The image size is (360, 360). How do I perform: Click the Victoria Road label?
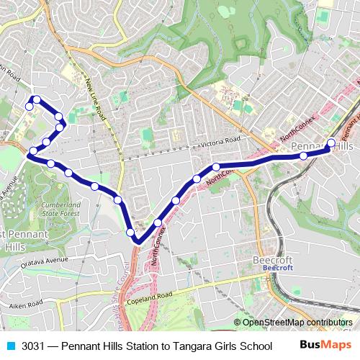(x=213, y=143)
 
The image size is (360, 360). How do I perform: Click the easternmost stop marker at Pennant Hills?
(x=331, y=143)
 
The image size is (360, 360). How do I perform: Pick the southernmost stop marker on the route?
(x=131, y=232)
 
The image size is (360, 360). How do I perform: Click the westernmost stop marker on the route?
(x=30, y=107)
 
